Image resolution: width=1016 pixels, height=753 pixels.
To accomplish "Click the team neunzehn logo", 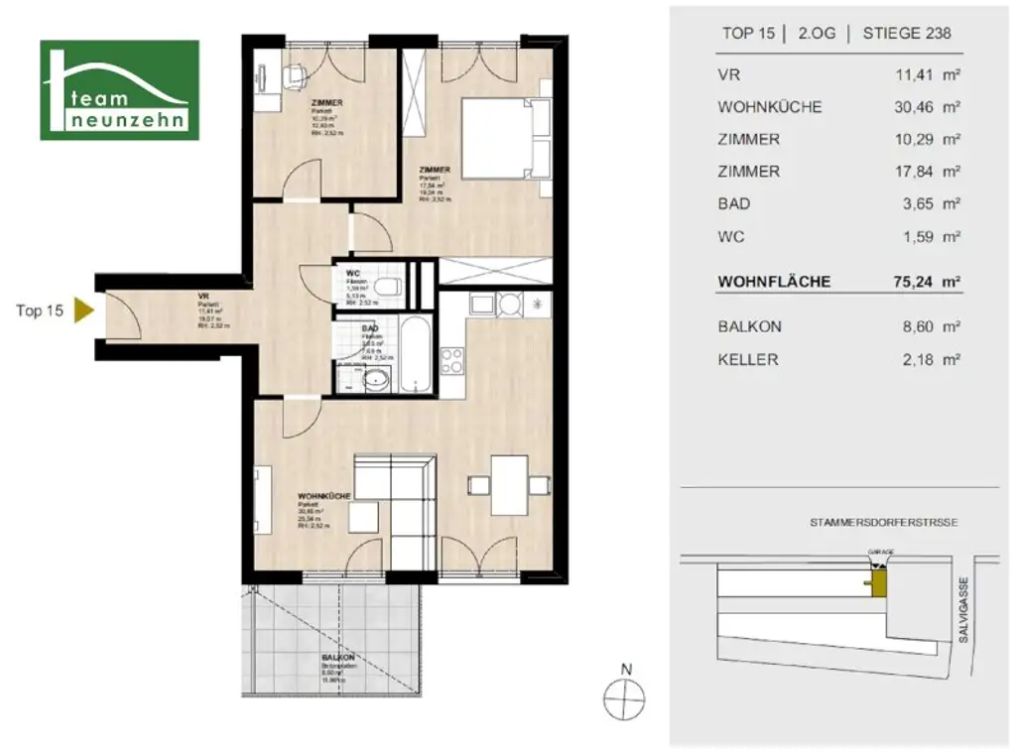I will click(119, 90).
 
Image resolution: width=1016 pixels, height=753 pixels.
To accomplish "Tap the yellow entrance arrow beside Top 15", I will click(83, 311).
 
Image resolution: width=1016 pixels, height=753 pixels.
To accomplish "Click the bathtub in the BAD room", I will click(413, 354).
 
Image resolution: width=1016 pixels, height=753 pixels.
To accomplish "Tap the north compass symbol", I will click(626, 698).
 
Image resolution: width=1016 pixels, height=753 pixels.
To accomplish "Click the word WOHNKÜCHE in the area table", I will click(769, 107).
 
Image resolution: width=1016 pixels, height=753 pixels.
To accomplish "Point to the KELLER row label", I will click(747, 359).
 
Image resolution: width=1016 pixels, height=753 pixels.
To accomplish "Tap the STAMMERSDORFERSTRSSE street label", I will click(883, 522).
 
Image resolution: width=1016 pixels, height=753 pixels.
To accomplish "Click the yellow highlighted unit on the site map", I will click(878, 585).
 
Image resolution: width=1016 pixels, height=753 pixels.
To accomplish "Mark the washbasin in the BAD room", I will click(377, 379).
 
